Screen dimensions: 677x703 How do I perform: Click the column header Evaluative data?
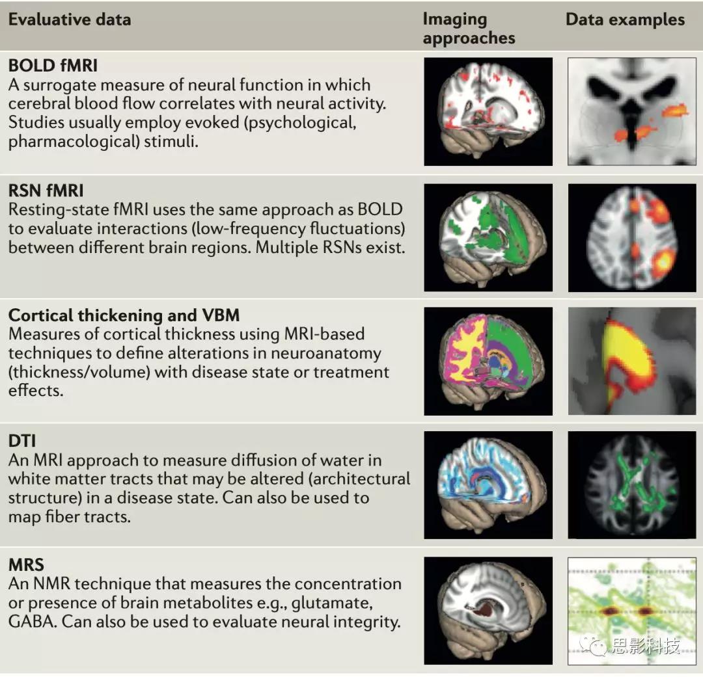(70, 20)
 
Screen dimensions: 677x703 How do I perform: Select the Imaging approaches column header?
(469, 29)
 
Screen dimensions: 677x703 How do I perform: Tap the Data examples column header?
(625, 20)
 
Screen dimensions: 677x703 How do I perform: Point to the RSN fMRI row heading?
(46, 191)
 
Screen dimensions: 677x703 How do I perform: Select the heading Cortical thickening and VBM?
(124, 315)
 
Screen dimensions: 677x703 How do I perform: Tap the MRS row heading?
(25, 565)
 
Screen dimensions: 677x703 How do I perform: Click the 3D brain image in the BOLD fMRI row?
(488, 111)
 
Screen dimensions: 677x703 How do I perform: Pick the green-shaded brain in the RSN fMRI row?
(488, 237)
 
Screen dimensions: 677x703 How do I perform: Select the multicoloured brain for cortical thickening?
(488, 361)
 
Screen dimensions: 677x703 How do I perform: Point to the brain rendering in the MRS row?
(488, 610)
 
